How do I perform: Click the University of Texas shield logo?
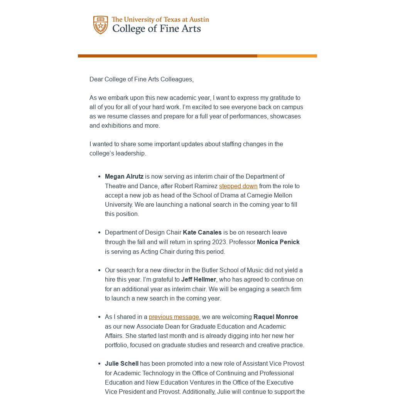(x=101, y=25)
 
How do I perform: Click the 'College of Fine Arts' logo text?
(x=156, y=29)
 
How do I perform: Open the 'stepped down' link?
(x=238, y=186)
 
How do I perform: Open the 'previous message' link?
(x=174, y=317)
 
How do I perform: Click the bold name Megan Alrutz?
(x=124, y=176)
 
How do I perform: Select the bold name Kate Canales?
(x=202, y=232)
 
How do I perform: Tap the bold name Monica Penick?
(x=278, y=242)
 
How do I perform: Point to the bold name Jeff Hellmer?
(x=199, y=279)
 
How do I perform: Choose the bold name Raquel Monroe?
(x=275, y=317)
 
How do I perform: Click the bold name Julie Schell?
(x=122, y=363)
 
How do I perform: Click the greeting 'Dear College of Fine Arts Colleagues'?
(x=141, y=79)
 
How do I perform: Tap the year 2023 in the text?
(x=219, y=242)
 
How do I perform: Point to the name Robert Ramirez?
(x=196, y=186)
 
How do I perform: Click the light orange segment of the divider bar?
(x=287, y=56)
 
